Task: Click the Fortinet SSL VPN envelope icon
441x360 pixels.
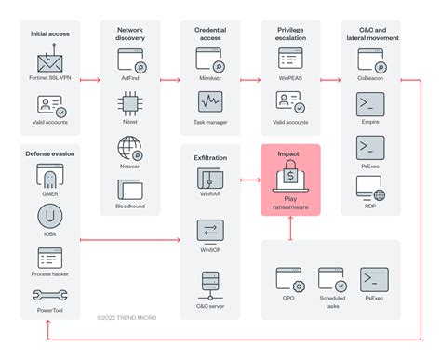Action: pyautogui.click(x=50, y=61)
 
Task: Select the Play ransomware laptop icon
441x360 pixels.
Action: pyautogui.click(x=291, y=176)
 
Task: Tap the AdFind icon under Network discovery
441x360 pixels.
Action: pyautogui.click(x=130, y=61)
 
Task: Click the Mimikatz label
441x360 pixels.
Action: pyautogui.click(x=211, y=81)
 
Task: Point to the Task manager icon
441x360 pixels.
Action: pyautogui.click(x=210, y=100)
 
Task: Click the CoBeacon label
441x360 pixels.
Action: pyautogui.click(x=370, y=81)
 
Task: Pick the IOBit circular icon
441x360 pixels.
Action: pyautogui.click(x=50, y=217)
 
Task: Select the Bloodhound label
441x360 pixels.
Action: pyautogui.click(x=130, y=206)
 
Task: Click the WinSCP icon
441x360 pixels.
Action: pyautogui.click(x=210, y=230)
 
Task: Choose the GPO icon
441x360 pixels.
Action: pyautogui.click(x=289, y=278)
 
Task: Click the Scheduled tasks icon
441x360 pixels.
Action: pyautogui.click(x=331, y=278)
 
